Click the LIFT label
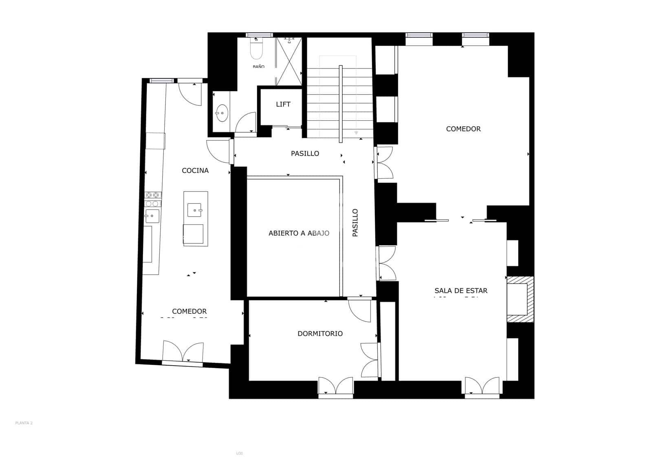click(283, 104)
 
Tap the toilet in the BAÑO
click(257, 51)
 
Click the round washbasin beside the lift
click(222, 113)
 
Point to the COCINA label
click(195, 171)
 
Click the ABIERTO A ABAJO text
click(299, 234)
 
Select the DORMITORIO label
click(320, 334)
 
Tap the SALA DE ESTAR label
click(461, 291)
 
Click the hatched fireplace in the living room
click(520, 299)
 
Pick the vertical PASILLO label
click(355, 223)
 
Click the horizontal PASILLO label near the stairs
click(305, 154)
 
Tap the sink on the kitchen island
click(195, 210)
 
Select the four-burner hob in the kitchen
click(152, 199)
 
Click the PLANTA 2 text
click(24, 423)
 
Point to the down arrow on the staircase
click(356, 133)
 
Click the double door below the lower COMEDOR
click(183, 351)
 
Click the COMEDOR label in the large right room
click(463, 129)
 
